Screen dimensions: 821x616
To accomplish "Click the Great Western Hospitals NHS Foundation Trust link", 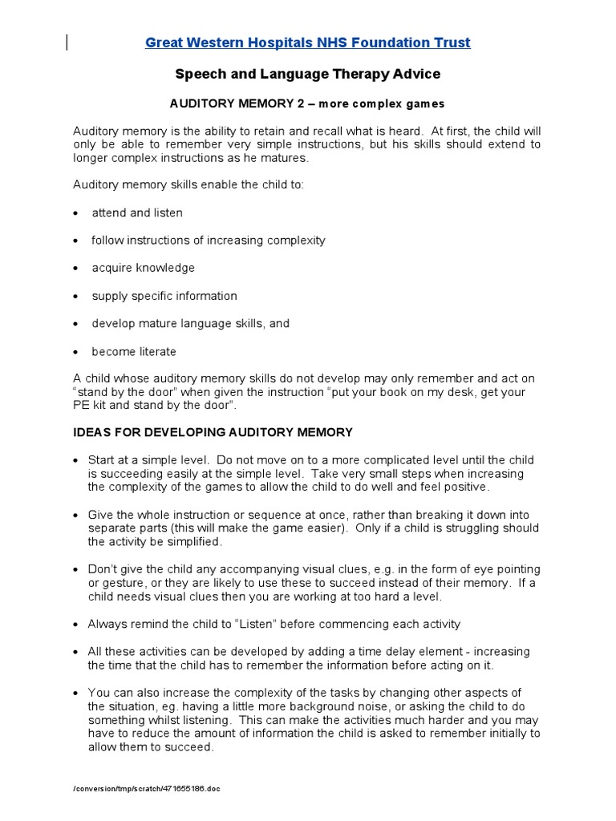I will coord(308,42).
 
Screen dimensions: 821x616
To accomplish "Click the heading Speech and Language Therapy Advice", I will coord(308,74).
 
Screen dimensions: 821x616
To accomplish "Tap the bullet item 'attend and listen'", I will coord(137,212).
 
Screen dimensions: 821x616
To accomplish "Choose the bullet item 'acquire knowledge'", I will coord(143,268).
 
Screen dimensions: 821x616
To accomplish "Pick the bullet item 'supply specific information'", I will coord(164,296).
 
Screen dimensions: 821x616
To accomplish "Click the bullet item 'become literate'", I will coord(134,351).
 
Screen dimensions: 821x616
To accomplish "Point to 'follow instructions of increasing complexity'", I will coord(209,241).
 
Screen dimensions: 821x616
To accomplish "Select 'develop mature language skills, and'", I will coord(191,323).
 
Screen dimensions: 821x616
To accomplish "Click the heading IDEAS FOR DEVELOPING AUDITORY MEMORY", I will coord(213,432).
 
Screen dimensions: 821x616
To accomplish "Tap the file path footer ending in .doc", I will coord(147,789).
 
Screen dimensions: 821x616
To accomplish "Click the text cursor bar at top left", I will coord(67,42).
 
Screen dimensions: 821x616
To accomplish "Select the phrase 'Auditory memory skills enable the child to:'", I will coord(189,184).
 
